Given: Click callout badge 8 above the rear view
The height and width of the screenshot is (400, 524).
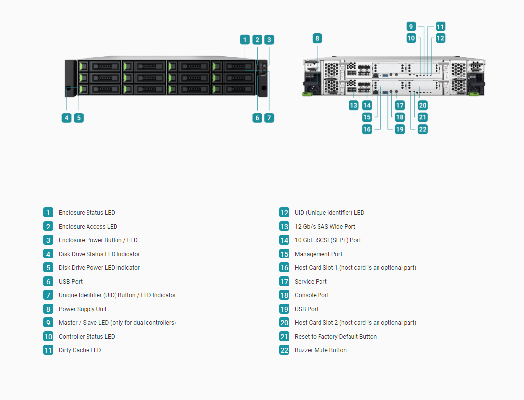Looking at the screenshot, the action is click(x=317, y=38).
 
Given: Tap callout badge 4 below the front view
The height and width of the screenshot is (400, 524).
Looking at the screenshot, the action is click(x=66, y=117).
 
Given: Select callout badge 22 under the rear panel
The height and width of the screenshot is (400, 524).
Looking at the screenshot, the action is click(x=423, y=129).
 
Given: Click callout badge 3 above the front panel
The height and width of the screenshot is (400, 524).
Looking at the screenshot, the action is click(x=269, y=40).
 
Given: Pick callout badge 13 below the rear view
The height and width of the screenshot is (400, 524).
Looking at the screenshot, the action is click(x=353, y=105).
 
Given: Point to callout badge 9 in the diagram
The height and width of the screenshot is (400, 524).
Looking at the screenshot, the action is click(x=411, y=26).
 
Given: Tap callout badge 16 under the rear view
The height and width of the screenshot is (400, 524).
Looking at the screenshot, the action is click(x=367, y=129).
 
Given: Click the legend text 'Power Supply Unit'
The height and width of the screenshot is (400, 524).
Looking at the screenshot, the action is click(x=83, y=309).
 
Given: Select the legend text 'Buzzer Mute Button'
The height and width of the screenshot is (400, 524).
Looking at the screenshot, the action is click(x=320, y=350).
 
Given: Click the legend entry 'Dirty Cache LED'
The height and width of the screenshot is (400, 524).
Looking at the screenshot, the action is click(x=80, y=350).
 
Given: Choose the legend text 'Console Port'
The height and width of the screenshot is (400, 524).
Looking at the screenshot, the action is click(x=312, y=295).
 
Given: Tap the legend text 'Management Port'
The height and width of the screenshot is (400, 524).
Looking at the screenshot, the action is click(x=319, y=254).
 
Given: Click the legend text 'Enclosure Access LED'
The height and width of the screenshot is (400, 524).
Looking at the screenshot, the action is click(x=88, y=226).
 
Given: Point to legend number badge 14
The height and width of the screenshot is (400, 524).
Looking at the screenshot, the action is click(x=284, y=240).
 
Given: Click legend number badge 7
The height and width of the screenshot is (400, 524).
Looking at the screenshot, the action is click(x=48, y=295).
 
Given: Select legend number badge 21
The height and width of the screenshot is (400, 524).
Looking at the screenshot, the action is click(x=284, y=336).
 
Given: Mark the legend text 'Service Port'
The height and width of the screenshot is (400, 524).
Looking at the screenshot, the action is click(x=311, y=282).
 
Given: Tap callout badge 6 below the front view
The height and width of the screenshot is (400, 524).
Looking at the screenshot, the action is click(x=257, y=117).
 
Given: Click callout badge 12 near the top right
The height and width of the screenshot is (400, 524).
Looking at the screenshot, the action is click(x=440, y=38).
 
